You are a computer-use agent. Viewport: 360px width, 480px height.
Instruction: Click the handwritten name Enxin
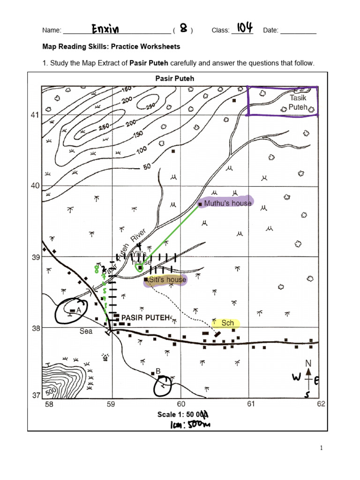click(105, 30)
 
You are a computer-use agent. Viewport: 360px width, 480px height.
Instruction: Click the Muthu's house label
click(227, 203)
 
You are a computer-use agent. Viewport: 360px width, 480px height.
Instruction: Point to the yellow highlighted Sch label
click(227, 323)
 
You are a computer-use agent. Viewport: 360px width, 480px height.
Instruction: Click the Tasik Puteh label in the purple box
click(298, 102)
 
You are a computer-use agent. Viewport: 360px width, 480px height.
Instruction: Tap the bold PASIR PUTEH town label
click(145, 317)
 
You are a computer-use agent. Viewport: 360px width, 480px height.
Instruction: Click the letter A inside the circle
click(79, 310)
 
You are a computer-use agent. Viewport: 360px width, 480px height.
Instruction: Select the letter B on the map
click(158, 371)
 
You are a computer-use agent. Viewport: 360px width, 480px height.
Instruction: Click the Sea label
click(85, 331)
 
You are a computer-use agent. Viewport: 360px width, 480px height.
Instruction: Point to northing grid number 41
click(35, 115)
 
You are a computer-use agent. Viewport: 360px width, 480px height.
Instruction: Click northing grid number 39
click(35, 257)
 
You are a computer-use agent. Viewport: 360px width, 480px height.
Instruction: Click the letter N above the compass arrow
click(308, 363)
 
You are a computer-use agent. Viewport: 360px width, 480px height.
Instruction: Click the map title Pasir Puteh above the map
click(175, 78)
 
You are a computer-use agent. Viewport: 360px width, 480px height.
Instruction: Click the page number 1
click(322, 448)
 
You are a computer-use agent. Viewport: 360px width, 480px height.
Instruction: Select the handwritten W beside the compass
click(296, 377)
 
